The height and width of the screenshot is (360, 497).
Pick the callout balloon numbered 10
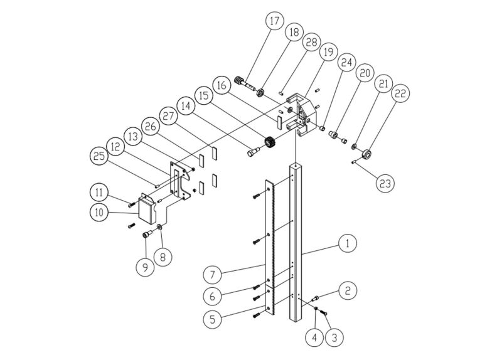point(99,213)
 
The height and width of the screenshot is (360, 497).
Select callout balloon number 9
point(146,265)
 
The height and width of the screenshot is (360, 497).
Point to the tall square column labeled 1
point(296,245)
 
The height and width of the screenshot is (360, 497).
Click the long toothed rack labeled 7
point(273,251)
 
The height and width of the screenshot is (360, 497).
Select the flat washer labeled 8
point(161,226)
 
